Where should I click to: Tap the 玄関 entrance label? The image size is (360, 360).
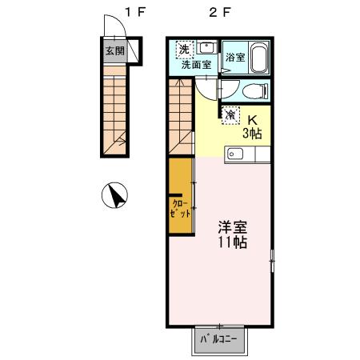[x=114, y=50]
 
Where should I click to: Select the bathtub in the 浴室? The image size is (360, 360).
[x=257, y=58]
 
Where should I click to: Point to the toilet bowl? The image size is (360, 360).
[x=253, y=90]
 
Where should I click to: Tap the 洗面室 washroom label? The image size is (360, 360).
[x=196, y=66]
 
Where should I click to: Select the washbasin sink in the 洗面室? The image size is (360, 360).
[x=206, y=47]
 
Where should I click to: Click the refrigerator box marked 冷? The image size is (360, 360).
[x=230, y=114]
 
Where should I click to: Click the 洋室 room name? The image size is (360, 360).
[x=232, y=226]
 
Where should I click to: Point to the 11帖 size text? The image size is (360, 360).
[x=232, y=242]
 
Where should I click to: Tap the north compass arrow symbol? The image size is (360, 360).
[x=117, y=195]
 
